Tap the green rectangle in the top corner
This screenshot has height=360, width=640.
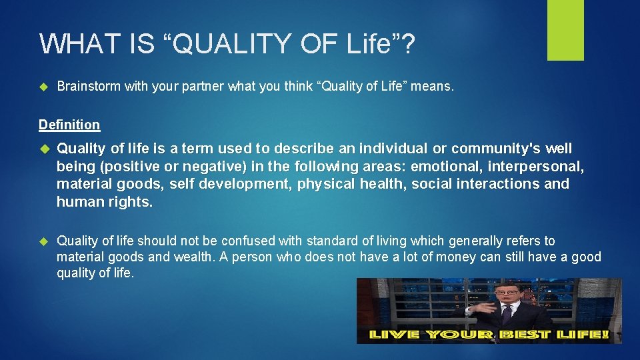[565, 29]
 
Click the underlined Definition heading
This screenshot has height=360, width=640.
[69, 125]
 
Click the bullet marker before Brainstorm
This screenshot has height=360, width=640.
[44, 87]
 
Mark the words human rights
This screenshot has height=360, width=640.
[105, 202]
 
